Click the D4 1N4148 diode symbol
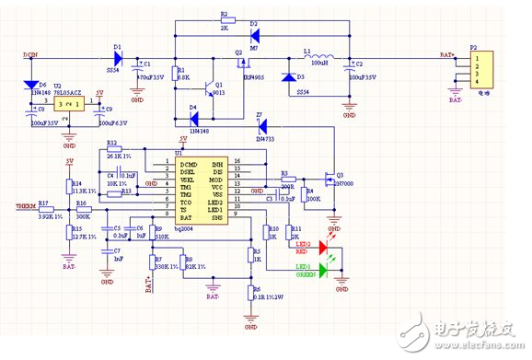[x=194, y=120]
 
